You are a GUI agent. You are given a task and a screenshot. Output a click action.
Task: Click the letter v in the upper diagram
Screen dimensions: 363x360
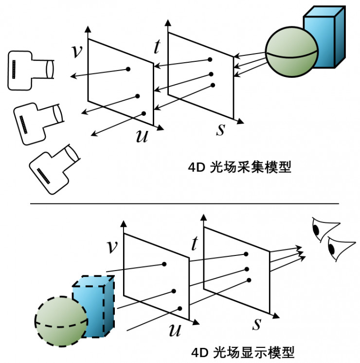coord(76,51)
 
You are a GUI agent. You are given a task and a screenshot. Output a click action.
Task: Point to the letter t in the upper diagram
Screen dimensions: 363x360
coord(157,47)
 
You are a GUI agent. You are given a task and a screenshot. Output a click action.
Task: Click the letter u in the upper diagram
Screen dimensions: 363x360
coord(142,136)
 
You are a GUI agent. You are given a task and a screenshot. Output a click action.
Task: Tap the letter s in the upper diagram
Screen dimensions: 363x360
coord(221,129)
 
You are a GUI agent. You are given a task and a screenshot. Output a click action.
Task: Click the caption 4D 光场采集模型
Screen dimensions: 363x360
coord(239,168)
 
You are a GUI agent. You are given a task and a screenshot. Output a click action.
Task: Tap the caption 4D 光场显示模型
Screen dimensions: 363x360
coord(242,351)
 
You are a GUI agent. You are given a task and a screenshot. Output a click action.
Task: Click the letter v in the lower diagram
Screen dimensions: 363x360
coord(112,247)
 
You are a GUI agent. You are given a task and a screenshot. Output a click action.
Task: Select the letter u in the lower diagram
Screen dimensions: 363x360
coord(175,330)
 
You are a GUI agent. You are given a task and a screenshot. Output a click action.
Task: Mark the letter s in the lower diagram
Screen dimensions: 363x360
coord(257,323)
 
